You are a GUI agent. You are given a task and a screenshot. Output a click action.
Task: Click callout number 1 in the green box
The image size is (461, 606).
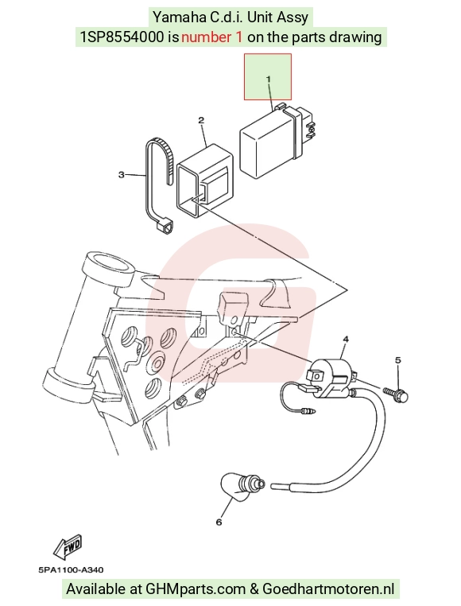[x=268, y=79]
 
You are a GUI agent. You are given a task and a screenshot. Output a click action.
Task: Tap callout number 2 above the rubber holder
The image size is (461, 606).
[x=201, y=120]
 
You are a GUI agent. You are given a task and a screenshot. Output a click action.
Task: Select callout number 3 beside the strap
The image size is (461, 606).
[x=122, y=175]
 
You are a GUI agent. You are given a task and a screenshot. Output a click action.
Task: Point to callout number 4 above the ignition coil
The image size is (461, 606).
[x=346, y=339]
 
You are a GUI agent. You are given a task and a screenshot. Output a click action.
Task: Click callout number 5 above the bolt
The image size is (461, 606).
[x=398, y=360]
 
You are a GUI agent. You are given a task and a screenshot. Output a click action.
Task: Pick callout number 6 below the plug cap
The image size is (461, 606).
[x=219, y=522]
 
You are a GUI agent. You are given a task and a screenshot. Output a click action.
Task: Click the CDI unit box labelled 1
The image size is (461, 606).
[x=278, y=141]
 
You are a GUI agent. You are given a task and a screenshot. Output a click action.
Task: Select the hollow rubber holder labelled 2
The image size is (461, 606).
[x=206, y=179]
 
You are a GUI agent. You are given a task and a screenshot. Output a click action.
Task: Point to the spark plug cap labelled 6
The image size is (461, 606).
[x=242, y=486]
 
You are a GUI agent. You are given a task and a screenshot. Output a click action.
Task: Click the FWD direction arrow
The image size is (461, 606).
[x=69, y=546]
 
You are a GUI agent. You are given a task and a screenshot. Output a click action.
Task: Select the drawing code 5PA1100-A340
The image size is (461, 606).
[x=71, y=569]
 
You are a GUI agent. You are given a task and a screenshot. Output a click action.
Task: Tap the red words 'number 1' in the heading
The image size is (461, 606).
[x=212, y=37]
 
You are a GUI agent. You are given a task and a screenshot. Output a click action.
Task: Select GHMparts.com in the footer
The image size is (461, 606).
[x=196, y=589]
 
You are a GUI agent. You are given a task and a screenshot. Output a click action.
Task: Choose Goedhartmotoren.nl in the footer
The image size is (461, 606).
[x=328, y=589]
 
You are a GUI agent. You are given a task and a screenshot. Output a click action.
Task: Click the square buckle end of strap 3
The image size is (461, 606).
[x=165, y=226]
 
